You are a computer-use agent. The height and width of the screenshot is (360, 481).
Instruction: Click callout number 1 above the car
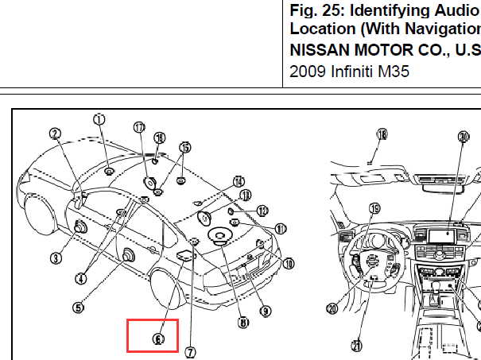[99, 119]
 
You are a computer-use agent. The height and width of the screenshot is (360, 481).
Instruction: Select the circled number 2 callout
[56, 134]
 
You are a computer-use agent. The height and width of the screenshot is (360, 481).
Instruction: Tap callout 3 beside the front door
[56, 257]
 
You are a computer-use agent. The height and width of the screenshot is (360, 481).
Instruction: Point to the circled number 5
[78, 307]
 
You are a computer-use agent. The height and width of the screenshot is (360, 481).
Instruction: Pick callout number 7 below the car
[191, 350]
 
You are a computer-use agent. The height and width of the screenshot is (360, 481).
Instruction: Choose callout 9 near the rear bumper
[266, 311]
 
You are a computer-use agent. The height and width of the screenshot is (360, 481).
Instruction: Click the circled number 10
[288, 263]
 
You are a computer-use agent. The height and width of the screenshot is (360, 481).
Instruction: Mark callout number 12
[262, 211]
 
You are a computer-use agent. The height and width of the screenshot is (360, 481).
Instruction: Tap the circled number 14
[238, 181]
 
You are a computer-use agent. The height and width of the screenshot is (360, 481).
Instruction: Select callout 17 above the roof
[140, 127]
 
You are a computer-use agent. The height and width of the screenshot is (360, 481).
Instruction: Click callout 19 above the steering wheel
[374, 209]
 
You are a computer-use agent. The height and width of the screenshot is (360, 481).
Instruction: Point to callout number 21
[356, 345]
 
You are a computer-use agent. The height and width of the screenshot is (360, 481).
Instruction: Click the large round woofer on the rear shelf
[218, 235]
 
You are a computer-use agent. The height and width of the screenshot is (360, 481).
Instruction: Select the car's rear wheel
[169, 298]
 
